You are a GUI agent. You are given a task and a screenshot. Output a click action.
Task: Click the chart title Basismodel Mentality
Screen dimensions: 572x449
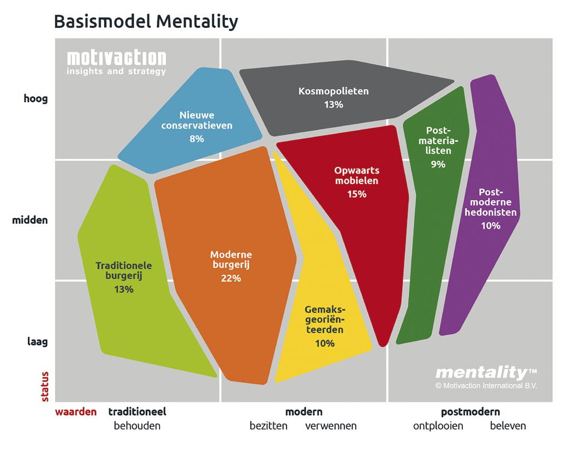(146, 22)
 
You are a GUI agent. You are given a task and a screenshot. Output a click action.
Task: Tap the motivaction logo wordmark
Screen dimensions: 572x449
(116, 58)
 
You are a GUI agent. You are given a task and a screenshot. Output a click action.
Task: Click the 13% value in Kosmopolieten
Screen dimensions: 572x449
(333, 105)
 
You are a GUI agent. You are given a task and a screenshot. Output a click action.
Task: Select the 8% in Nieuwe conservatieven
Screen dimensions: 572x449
(196, 139)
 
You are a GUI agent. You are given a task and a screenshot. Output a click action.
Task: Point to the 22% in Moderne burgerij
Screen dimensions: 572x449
(231, 279)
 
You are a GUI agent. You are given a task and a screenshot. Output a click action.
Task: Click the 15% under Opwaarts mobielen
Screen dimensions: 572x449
(357, 194)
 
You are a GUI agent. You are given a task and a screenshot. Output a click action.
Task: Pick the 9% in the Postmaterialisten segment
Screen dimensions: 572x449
(438, 165)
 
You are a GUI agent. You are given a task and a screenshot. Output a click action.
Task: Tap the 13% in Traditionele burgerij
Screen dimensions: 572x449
(124, 290)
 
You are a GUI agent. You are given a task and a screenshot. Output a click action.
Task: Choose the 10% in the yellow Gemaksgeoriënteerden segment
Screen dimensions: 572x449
(324, 344)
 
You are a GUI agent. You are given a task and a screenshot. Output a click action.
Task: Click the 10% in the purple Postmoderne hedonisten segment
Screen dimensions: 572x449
(491, 226)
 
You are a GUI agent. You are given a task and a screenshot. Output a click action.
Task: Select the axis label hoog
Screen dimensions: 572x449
(36, 99)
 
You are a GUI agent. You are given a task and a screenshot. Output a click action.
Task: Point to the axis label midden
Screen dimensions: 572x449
(30, 220)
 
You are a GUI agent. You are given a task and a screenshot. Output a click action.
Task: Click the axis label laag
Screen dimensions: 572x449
(38, 342)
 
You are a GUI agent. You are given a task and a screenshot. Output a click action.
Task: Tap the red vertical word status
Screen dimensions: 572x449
(45, 387)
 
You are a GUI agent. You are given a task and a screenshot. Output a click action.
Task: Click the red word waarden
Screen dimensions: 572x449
(76, 412)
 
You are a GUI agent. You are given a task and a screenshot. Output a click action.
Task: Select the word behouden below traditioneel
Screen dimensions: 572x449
(137, 426)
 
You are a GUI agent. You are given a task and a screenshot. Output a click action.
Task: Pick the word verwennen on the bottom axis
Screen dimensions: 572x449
(331, 426)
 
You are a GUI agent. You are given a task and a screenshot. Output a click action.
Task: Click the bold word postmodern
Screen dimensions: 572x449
(470, 412)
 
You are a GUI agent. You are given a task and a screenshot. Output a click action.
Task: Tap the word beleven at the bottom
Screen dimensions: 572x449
(508, 426)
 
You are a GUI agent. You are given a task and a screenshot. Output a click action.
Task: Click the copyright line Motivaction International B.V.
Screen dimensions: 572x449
(486, 386)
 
